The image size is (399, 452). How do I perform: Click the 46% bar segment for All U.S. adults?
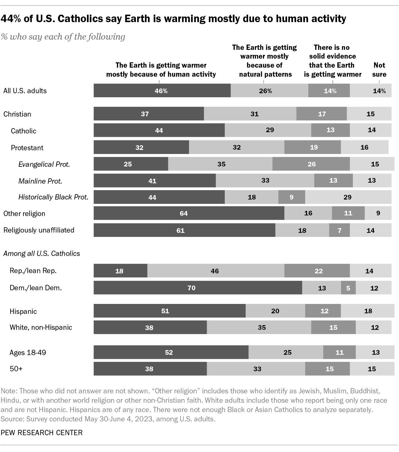(x=162, y=90)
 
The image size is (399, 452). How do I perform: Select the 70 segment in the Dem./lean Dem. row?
(x=198, y=288)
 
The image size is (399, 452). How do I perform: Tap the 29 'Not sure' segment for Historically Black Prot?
(x=348, y=197)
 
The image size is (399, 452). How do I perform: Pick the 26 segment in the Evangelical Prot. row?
(x=311, y=164)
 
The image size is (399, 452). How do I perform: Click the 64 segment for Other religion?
(x=189, y=213)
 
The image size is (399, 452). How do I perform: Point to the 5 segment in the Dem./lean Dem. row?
(x=348, y=288)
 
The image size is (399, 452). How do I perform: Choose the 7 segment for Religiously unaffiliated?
(x=339, y=230)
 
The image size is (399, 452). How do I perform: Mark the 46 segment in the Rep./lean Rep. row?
(x=216, y=271)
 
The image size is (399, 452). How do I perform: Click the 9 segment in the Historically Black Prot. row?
(x=292, y=197)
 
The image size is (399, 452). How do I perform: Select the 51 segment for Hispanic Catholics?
(x=170, y=311)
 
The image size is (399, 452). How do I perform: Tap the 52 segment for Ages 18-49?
(x=171, y=352)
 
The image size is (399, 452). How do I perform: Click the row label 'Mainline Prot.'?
(x=40, y=181)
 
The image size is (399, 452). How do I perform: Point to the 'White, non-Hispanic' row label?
(x=41, y=327)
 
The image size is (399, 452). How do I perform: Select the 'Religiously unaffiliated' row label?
(x=39, y=230)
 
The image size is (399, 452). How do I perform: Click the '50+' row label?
(x=16, y=368)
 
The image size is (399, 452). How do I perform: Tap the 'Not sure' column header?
(x=379, y=70)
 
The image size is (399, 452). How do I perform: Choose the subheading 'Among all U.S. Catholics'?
(x=41, y=253)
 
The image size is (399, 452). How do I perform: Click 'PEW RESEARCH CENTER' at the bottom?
(x=41, y=433)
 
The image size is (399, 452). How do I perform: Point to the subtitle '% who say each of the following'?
(x=63, y=36)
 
